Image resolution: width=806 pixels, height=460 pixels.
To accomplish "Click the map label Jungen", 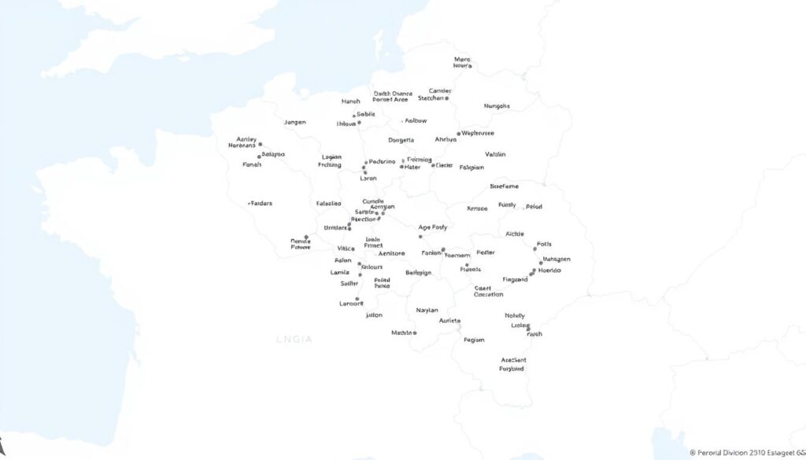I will click(x=294, y=123).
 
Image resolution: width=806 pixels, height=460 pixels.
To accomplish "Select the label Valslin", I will click(x=495, y=154).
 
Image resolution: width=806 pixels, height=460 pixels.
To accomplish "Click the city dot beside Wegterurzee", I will click(x=459, y=134).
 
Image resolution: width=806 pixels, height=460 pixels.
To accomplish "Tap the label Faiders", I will click(x=261, y=203).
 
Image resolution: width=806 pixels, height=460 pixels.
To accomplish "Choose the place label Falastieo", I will click(x=328, y=203).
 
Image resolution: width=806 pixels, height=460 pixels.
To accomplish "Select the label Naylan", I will click(x=427, y=310).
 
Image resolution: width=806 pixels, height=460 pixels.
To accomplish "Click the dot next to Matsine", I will click(x=415, y=333).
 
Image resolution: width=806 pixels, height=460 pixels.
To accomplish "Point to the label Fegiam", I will click(x=475, y=340).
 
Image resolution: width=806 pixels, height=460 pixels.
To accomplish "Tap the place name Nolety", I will click(x=515, y=315).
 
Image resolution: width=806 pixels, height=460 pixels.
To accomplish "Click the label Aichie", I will click(x=515, y=234).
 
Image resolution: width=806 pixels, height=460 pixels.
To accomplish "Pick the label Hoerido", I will click(x=549, y=270).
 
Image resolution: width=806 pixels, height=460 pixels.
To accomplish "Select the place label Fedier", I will click(x=486, y=252).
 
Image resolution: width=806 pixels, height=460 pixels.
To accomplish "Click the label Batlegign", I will click(x=418, y=272).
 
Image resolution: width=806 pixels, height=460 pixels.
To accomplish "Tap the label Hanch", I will click(x=350, y=101).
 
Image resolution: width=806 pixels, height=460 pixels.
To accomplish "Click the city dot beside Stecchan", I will click(x=447, y=98).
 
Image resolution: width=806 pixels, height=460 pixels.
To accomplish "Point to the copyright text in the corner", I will click(x=746, y=453).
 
